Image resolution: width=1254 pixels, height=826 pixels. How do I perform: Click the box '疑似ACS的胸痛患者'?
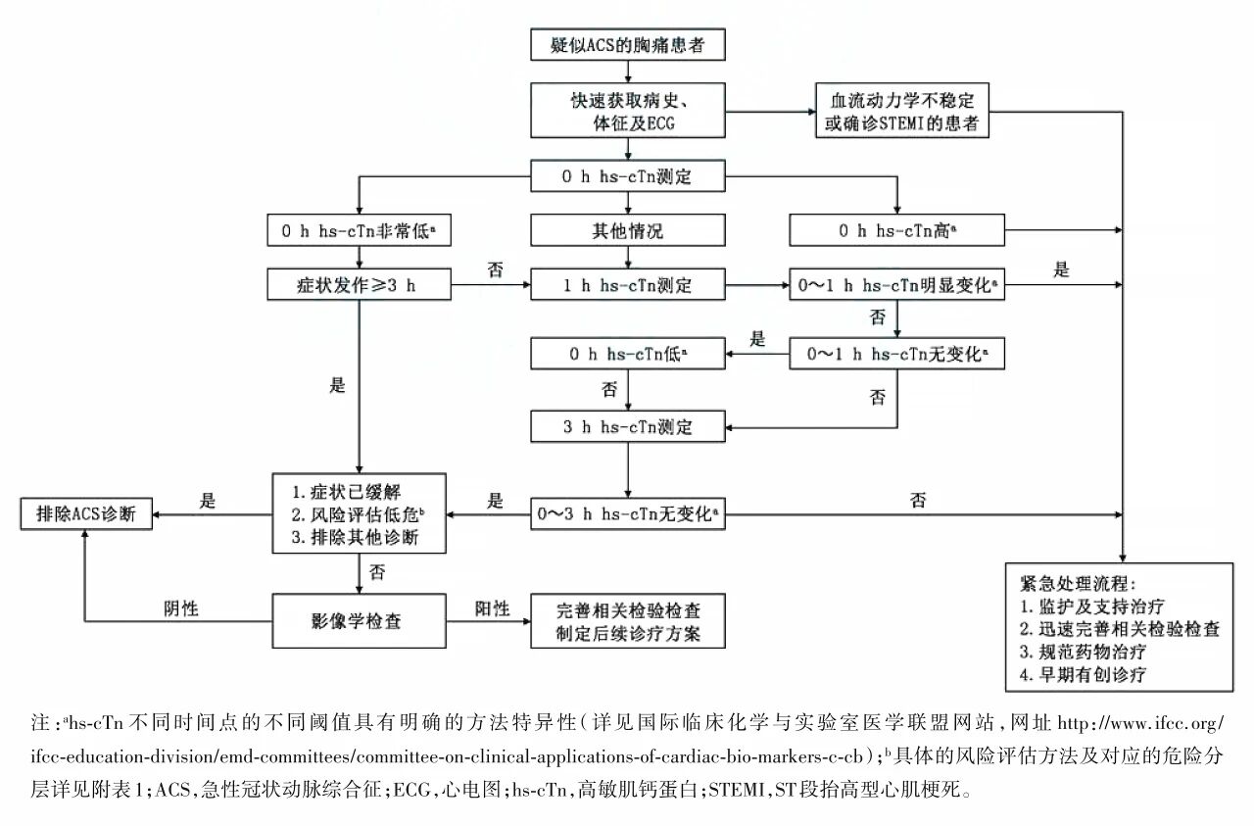(x=628, y=46)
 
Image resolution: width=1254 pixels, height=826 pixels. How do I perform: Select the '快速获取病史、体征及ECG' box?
(x=628, y=111)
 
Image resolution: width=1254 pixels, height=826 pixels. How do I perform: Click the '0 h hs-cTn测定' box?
(x=628, y=177)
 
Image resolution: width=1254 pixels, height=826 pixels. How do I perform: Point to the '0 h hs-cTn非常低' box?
(x=360, y=231)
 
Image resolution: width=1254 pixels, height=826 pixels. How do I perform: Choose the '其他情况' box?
(x=628, y=231)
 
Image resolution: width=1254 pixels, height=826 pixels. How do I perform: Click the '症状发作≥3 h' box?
(x=360, y=285)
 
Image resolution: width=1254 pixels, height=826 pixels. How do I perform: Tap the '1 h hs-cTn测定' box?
(x=628, y=285)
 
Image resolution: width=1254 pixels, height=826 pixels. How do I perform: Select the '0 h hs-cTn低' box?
(x=628, y=354)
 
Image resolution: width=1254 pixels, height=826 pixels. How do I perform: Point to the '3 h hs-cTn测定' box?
(x=628, y=426)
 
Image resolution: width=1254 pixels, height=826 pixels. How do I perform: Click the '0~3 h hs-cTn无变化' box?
(x=628, y=513)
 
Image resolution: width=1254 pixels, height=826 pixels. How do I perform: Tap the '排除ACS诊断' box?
(x=86, y=513)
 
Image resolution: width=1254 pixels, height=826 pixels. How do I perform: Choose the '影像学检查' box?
(x=360, y=621)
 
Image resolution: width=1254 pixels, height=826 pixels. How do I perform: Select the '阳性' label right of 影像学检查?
(x=492, y=608)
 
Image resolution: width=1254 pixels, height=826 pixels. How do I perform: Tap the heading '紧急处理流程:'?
(x=1076, y=583)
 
